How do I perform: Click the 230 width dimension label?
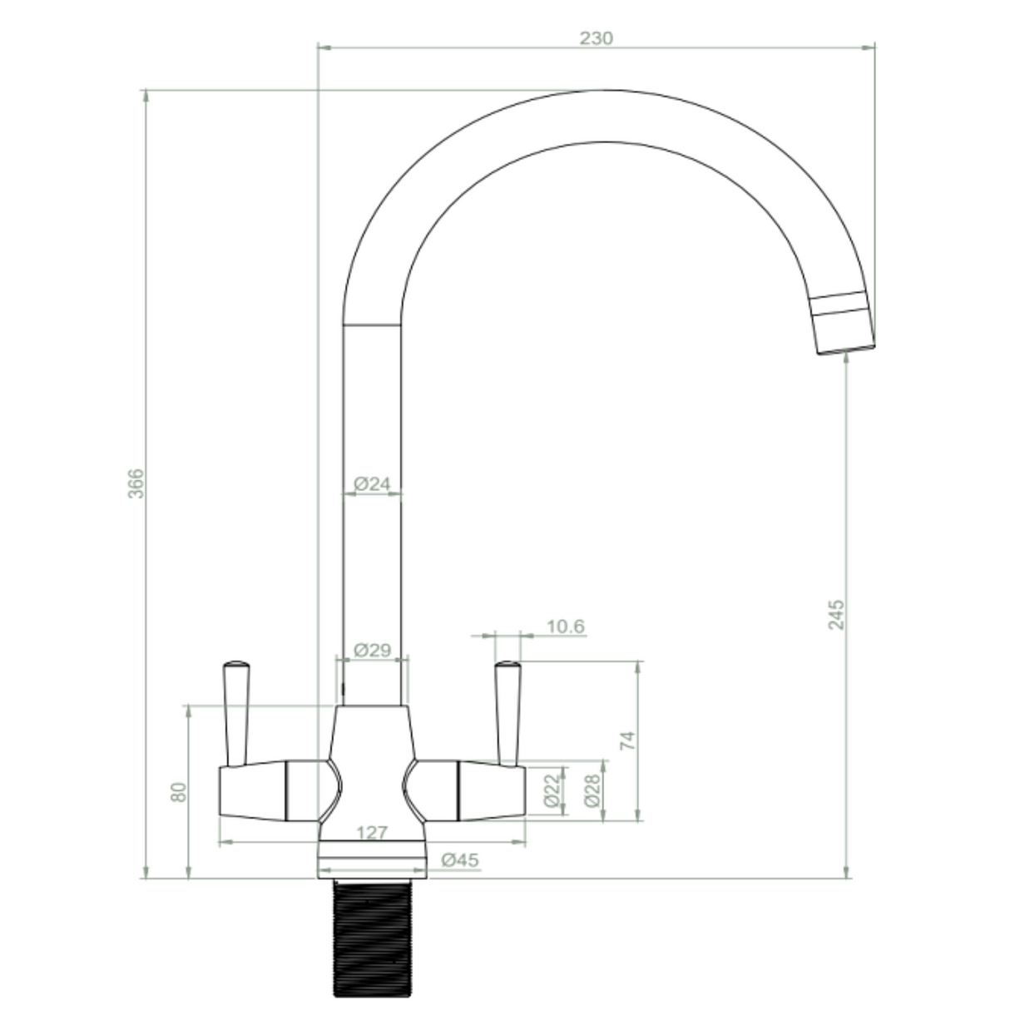(x=596, y=38)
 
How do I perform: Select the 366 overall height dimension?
(x=136, y=483)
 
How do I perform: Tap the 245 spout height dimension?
(x=837, y=614)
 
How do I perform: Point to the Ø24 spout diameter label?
(x=372, y=483)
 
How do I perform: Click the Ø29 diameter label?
(x=372, y=651)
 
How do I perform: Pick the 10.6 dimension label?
(x=566, y=626)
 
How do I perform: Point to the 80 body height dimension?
(x=178, y=791)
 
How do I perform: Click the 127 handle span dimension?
(x=372, y=833)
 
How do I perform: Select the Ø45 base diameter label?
(x=460, y=860)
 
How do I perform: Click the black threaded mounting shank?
(x=372, y=940)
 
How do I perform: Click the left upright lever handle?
(x=235, y=711)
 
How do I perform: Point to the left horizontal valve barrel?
(x=254, y=790)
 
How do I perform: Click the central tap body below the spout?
(x=372, y=765)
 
